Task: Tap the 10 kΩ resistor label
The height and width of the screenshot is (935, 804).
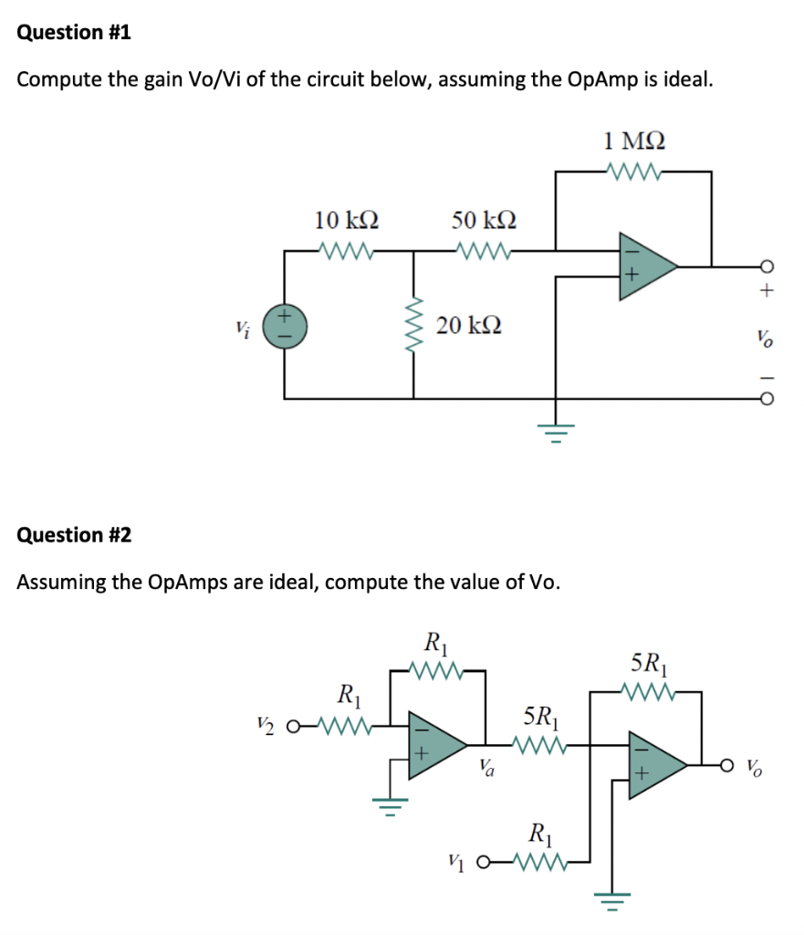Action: click(347, 220)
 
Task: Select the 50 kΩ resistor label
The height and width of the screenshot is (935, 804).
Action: click(484, 220)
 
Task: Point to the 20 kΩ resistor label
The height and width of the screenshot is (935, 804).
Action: click(469, 324)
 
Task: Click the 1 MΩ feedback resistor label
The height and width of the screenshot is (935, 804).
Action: click(634, 141)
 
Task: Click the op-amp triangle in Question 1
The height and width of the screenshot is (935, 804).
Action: click(643, 266)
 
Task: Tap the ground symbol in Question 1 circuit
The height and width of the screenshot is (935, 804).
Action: click(556, 426)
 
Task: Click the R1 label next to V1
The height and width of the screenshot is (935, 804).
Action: click(539, 833)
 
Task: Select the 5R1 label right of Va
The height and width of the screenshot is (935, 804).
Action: click(538, 715)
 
